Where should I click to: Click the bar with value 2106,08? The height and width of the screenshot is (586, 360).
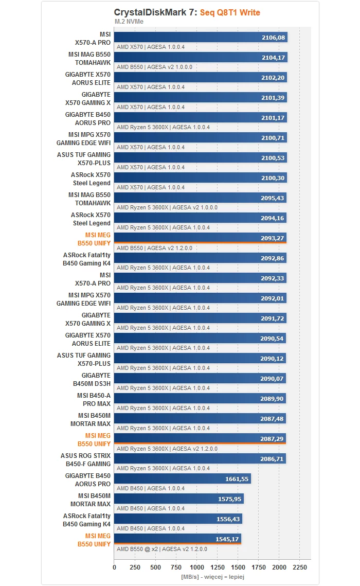(x=201, y=37)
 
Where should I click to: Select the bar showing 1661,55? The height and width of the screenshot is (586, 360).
(x=183, y=479)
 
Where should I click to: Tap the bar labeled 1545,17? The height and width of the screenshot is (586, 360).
(x=178, y=539)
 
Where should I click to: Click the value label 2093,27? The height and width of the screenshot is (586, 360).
(x=272, y=238)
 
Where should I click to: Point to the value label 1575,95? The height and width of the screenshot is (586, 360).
(x=230, y=499)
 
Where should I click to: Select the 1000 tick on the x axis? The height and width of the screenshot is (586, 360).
(x=197, y=567)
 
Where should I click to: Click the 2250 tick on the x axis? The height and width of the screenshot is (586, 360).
(x=299, y=567)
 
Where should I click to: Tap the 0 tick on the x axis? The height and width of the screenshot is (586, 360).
(x=114, y=567)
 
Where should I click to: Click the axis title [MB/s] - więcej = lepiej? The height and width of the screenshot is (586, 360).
(x=212, y=577)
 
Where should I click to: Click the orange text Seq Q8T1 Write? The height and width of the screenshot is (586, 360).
(x=230, y=12)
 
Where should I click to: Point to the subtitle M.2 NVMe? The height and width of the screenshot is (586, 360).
(x=129, y=21)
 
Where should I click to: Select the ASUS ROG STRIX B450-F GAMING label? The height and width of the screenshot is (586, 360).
(x=85, y=459)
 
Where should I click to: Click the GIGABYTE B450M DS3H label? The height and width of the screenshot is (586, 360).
(x=92, y=379)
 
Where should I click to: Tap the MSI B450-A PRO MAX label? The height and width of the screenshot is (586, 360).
(x=94, y=400)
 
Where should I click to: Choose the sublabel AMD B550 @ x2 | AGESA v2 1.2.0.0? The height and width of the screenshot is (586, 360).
(x=161, y=549)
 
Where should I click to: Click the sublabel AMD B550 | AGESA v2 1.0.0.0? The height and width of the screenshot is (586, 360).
(x=154, y=67)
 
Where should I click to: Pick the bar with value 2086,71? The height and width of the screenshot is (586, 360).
(x=200, y=458)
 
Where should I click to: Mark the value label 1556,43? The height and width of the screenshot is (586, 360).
(x=228, y=519)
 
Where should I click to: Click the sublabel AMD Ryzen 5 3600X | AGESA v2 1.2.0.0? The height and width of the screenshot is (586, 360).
(x=167, y=449)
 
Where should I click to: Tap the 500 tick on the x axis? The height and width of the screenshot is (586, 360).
(x=155, y=567)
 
